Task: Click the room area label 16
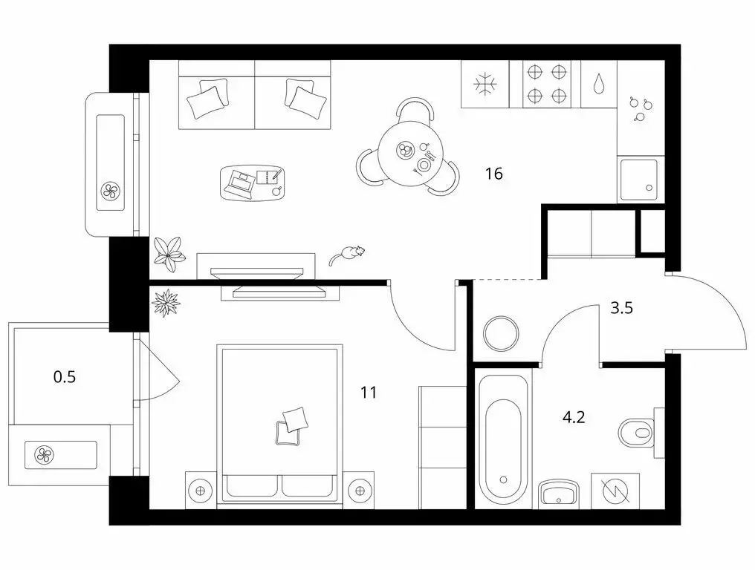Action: pyautogui.click(x=494, y=174)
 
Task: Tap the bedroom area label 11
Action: pyautogui.click(x=369, y=393)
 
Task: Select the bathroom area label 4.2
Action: pyautogui.click(x=574, y=417)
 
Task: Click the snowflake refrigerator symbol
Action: pyautogui.click(x=485, y=84)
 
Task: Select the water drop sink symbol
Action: pyautogui.click(x=600, y=84)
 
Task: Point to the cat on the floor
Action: pyautogui.click(x=348, y=254)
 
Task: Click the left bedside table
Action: pyautogui.click(x=200, y=490)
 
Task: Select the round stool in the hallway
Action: pyautogui.click(x=504, y=335)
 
